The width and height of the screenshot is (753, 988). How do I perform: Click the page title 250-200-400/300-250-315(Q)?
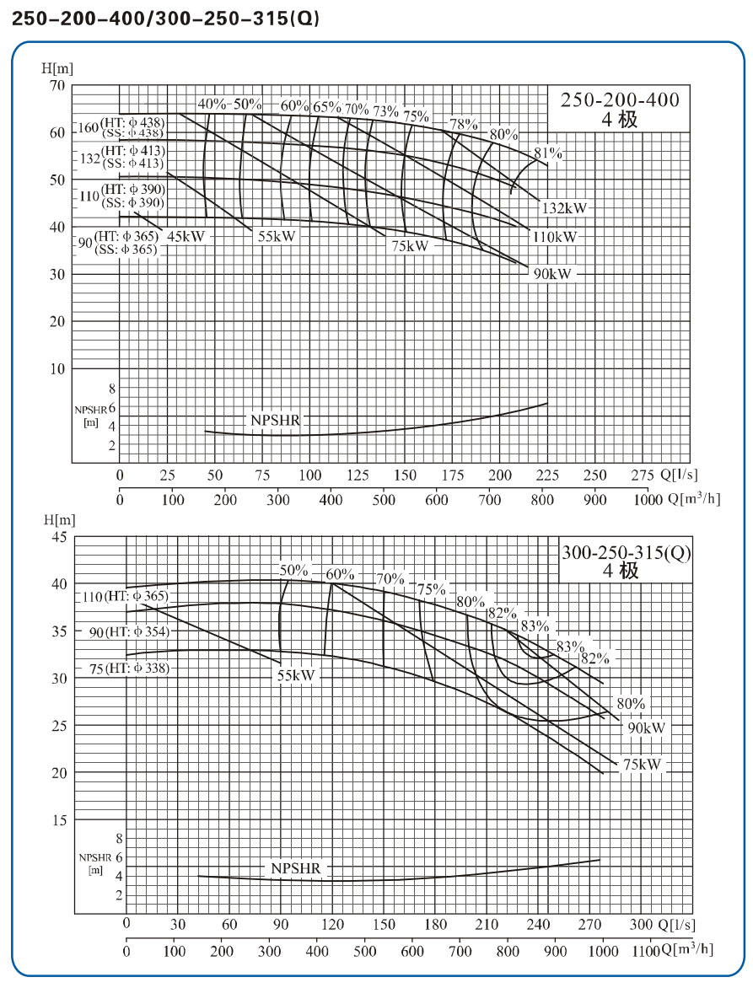(x=165, y=19)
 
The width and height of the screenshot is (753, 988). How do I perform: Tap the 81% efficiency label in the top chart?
(x=547, y=153)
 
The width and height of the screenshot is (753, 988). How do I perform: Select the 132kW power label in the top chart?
(x=564, y=207)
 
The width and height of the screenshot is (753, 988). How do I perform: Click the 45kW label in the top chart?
(x=186, y=237)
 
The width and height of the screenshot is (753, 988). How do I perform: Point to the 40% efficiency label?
(x=212, y=105)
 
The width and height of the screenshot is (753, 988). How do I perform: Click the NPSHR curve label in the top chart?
(x=274, y=420)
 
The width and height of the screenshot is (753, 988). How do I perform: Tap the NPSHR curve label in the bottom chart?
(x=297, y=868)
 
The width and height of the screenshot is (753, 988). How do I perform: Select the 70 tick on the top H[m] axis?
(x=57, y=85)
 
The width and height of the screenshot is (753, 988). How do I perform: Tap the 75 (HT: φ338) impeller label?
(x=127, y=669)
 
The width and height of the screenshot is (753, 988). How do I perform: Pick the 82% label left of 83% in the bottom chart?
(x=502, y=613)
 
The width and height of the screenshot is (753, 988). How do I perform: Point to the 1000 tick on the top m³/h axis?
(x=648, y=500)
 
